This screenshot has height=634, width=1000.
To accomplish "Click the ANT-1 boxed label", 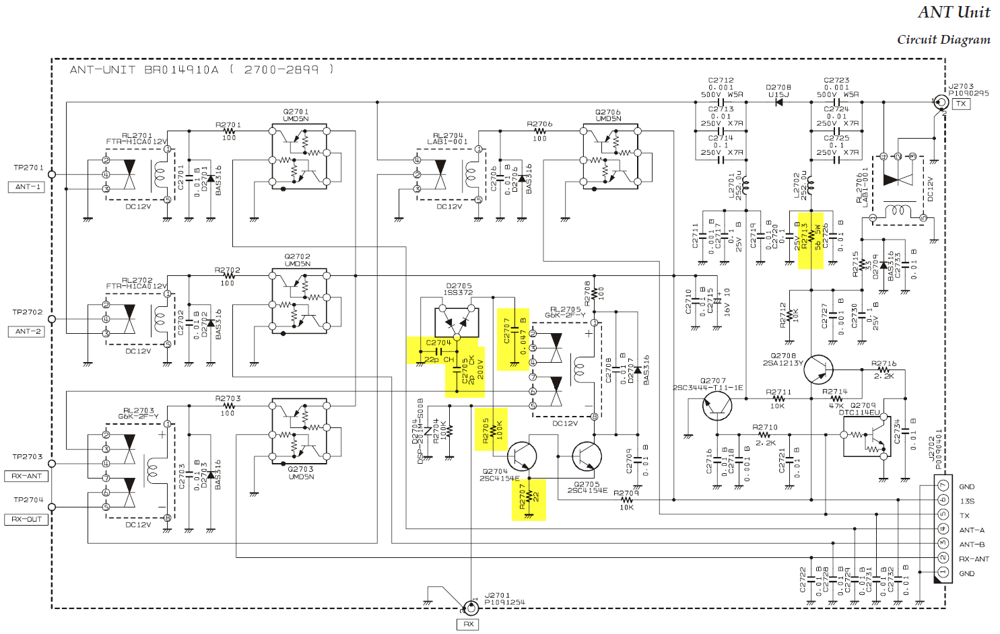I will pyautogui.click(x=28, y=187).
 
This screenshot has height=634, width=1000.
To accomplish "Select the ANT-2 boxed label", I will pyautogui.click(x=28, y=332).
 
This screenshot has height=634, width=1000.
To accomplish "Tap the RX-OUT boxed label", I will pyautogui.click(x=27, y=520).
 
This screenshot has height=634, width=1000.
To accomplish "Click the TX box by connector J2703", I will pyautogui.click(x=961, y=104).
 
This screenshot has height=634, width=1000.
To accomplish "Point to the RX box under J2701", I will pyautogui.click(x=469, y=624).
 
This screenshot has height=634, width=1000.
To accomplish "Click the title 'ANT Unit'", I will pyautogui.click(x=954, y=12).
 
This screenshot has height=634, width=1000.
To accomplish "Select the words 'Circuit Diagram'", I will pyautogui.click(x=943, y=40).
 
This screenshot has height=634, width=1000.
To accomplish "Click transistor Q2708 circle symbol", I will pyautogui.click(x=818, y=369).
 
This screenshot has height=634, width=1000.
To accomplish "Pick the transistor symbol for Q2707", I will pyautogui.click(x=716, y=405).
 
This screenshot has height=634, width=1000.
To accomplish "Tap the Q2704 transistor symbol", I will pyautogui.click(x=522, y=456).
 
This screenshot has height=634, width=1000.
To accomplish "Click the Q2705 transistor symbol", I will pyautogui.click(x=587, y=456).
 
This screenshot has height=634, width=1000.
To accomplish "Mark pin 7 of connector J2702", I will pyautogui.click(x=943, y=486).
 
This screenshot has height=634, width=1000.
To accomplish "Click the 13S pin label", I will pyautogui.click(x=967, y=501).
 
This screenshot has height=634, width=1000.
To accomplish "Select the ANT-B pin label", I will pyautogui.click(x=972, y=544).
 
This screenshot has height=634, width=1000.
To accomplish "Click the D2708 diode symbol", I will pyautogui.click(x=779, y=102).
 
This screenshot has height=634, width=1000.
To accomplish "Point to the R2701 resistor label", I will pyautogui.click(x=228, y=125).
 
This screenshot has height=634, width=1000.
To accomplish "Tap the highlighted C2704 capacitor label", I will pyautogui.click(x=438, y=343).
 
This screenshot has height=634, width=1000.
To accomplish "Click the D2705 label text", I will pyautogui.click(x=459, y=286).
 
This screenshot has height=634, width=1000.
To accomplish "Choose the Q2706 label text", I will pyautogui.click(x=608, y=112).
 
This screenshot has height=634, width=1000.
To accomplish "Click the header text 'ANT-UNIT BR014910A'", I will pyautogui.click(x=144, y=70).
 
